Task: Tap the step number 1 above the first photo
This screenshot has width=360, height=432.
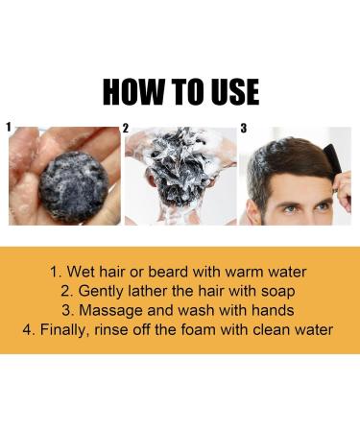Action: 9,126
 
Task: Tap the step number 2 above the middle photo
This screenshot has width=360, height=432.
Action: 125,127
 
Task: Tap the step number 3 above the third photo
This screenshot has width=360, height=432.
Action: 243,127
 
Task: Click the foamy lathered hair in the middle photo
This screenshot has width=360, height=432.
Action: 178,158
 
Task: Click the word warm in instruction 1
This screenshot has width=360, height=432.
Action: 246,271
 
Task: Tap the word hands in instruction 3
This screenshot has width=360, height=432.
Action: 268,309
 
